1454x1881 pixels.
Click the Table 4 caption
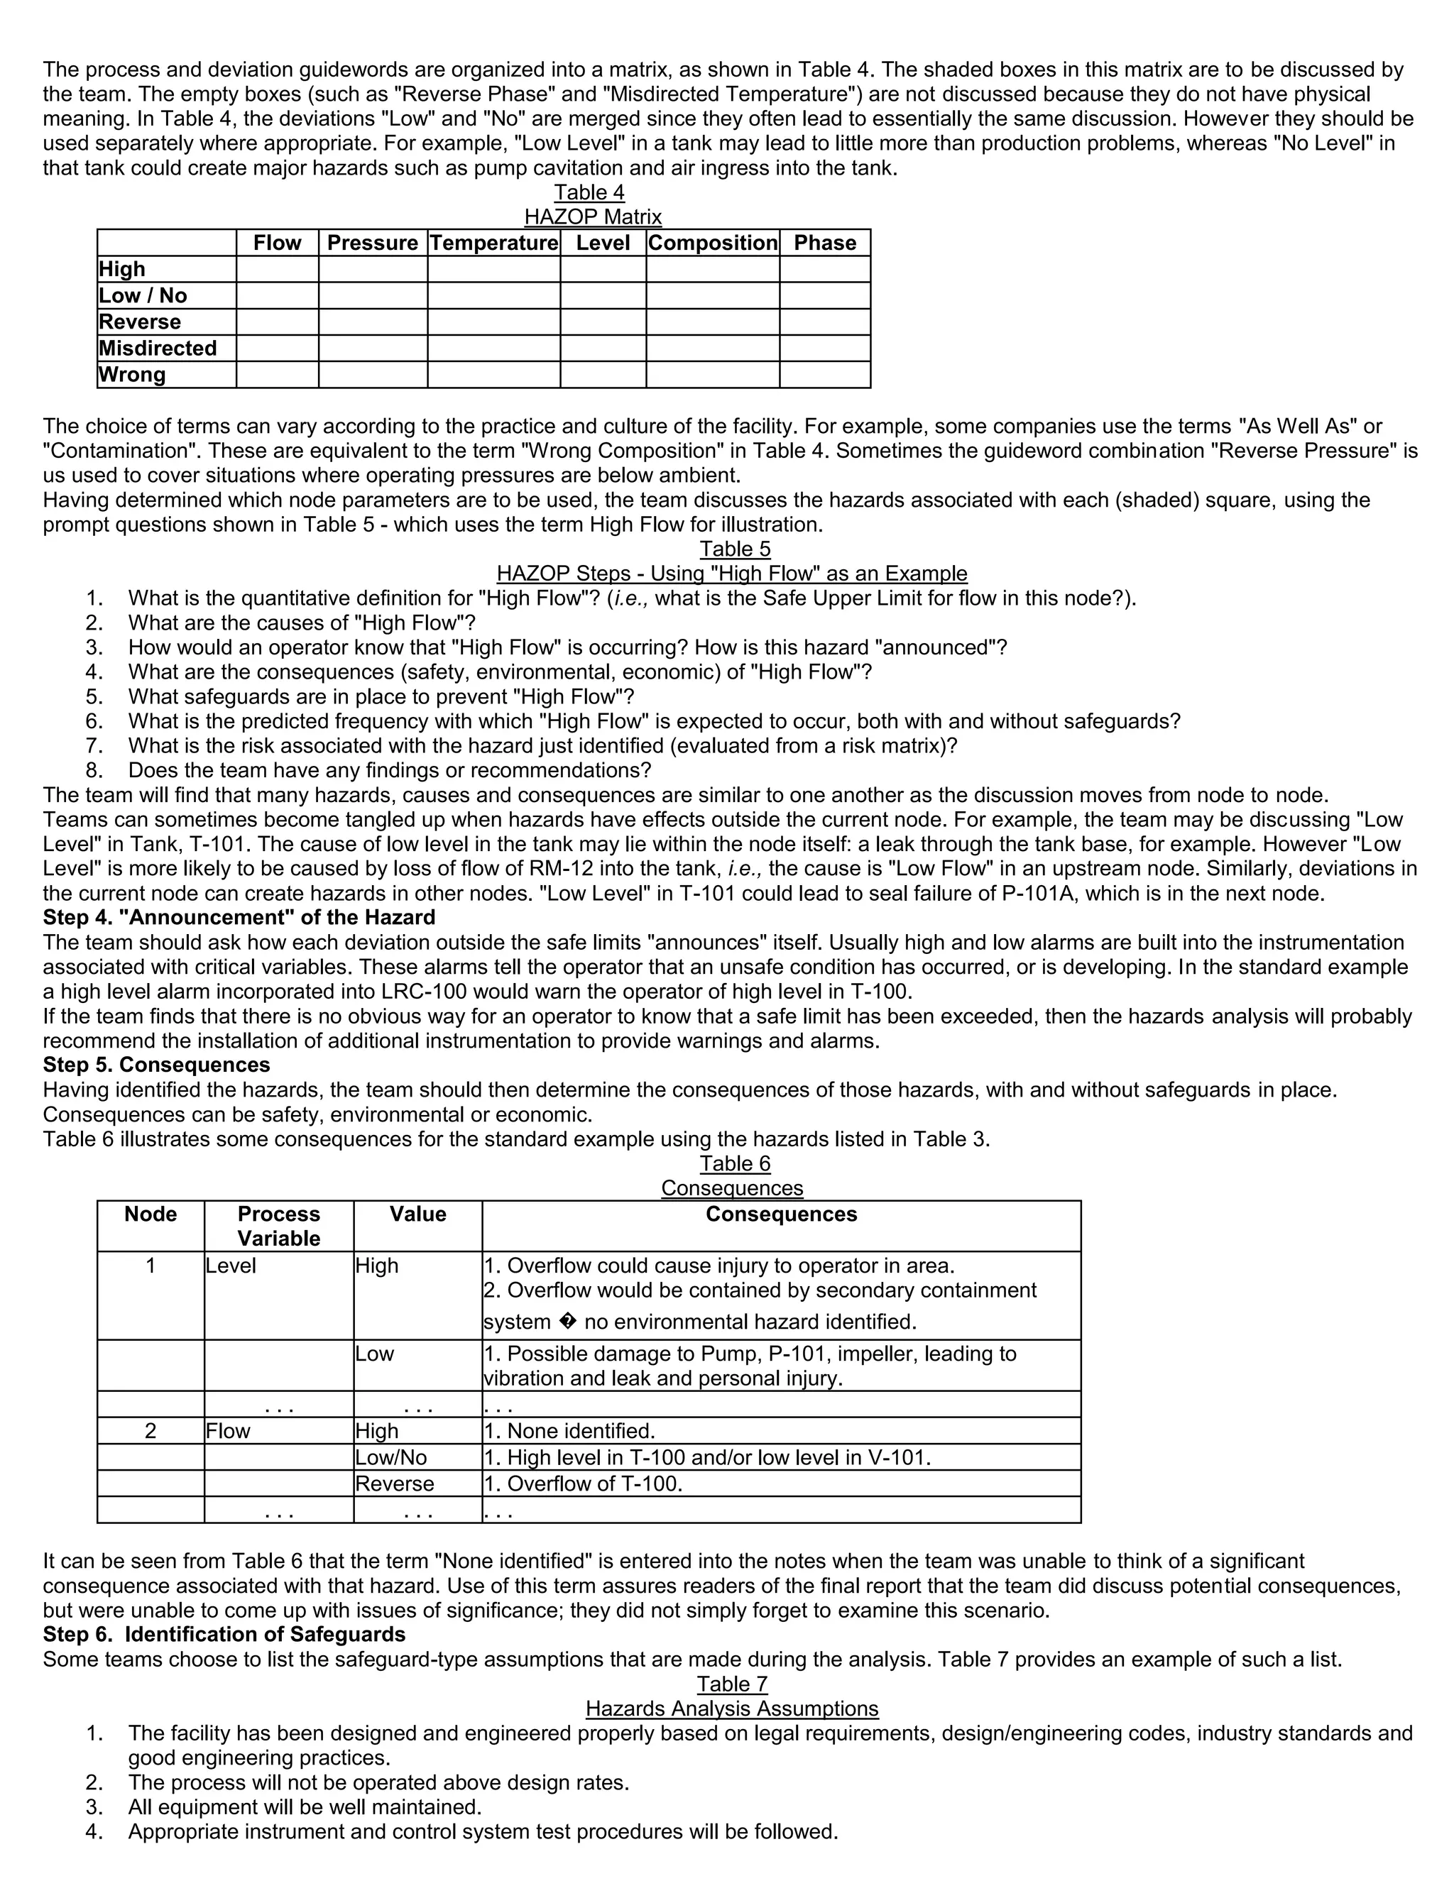pos(589,192)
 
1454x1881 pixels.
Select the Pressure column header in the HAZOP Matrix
pos(372,243)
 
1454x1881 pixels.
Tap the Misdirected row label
pos(158,348)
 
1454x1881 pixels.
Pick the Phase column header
pos(824,243)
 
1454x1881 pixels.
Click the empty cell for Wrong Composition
pos(712,375)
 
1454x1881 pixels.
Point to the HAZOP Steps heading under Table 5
pos(731,574)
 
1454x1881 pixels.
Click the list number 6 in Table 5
pos(94,721)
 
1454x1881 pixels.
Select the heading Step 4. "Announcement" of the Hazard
pos(239,917)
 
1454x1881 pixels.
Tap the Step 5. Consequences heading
pos(156,1065)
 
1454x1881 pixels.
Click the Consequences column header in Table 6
pos(780,1214)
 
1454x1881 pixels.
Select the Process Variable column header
pos(278,1226)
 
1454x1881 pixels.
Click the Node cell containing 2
pos(151,1430)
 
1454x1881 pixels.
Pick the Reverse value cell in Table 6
pos(395,1484)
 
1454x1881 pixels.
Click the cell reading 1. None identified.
pos(569,1430)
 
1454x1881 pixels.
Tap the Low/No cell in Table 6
pos(391,1457)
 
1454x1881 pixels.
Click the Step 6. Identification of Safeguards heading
pos(224,1635)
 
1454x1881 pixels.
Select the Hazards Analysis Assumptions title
pos(731,1709)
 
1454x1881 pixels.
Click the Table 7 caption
pos(731,1684)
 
